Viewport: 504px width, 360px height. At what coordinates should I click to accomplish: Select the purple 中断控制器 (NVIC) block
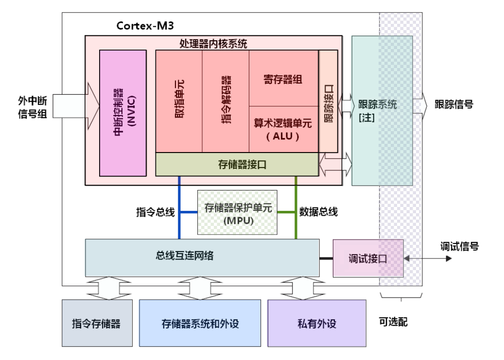tap(123, 112)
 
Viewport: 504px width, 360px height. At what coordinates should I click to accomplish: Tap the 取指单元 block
tap(179, 101)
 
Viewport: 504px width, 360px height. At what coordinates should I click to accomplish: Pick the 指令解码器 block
tap(226, 101)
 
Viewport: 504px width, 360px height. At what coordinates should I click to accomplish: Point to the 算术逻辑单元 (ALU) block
tap(283, 129)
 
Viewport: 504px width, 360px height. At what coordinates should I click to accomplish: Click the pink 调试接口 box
tap(368, 258)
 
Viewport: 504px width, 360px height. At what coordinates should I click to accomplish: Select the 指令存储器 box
tap(97, 323)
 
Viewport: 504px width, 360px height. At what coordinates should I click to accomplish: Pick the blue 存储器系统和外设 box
tap(200, 323)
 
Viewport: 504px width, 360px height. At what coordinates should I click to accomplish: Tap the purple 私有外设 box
tap(317, 323)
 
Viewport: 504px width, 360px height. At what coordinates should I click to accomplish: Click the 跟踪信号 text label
tap(454, 104)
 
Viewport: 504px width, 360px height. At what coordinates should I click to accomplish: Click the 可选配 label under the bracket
tap(393, 321)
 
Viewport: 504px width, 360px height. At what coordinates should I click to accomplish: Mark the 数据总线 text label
tap(318, 212)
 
